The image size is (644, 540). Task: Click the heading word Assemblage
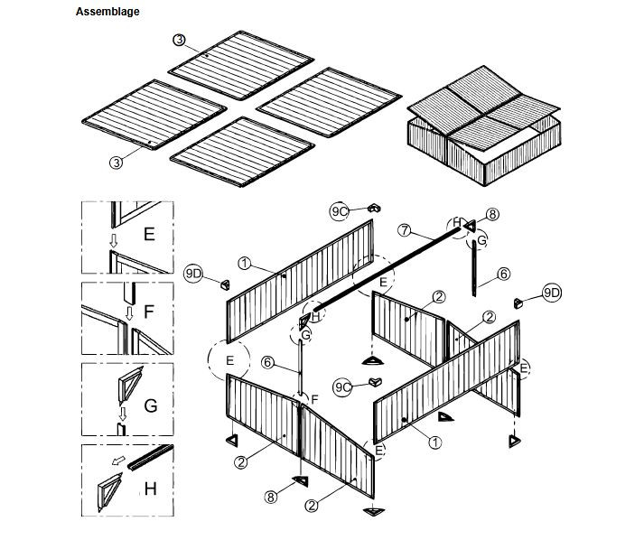(x=107, y=12)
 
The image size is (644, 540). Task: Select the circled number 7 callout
(x=405, y=230)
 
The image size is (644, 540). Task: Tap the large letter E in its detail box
(x=149, y=234)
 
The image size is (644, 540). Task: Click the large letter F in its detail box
(x=149, y=312)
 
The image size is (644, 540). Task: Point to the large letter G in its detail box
(x=151, y=405)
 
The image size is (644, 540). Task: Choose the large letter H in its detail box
(x=150, y=489)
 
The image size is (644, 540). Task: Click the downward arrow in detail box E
(x=114, y=240)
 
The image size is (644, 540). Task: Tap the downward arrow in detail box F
(x=129, y=313)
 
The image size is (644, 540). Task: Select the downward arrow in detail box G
(x=123, y=413)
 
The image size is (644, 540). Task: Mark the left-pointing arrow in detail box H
(x=118, y=461)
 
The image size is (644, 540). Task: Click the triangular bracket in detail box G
(x=131, y=386)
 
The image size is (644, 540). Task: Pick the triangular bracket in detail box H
(x=109, y=492)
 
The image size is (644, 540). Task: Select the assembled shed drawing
(x=484, y=126)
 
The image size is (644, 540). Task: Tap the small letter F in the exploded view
(x=314, y=399)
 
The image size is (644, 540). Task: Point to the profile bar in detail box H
(x=150, y=458)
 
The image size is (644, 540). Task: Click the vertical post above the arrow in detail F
(x=129, y=293)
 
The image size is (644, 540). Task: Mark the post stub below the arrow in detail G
(x=122, y=429)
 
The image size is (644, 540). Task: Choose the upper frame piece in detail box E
(x=132, y=213)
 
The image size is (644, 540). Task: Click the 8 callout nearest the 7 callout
(x=492, y=214)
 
